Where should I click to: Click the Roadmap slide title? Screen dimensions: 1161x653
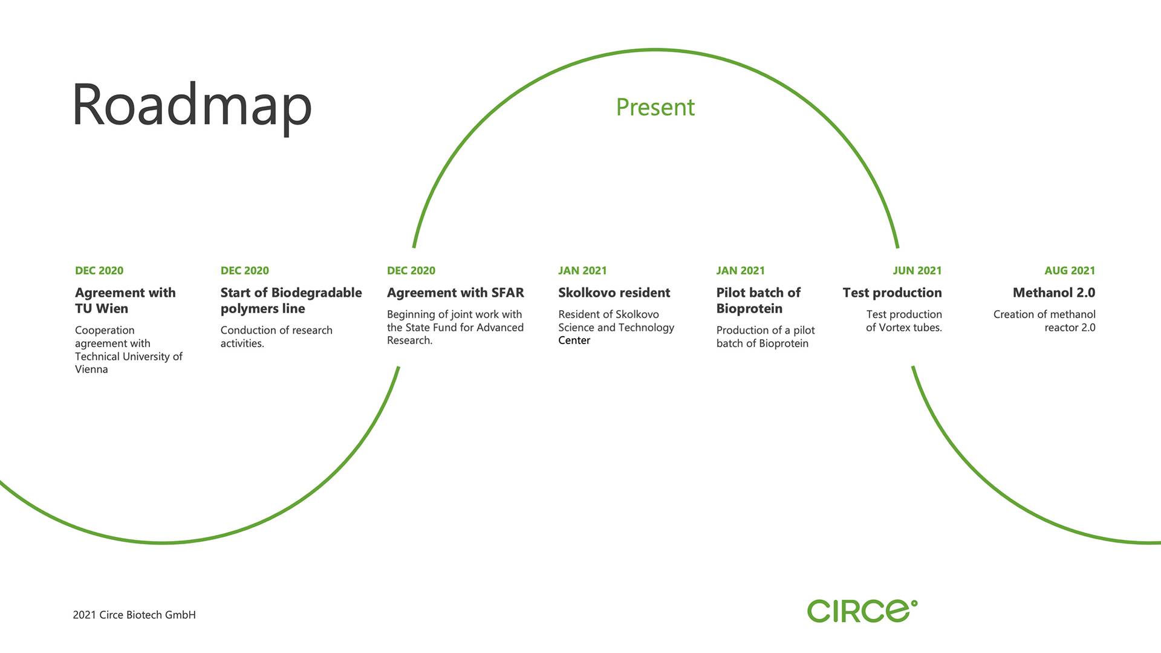192,106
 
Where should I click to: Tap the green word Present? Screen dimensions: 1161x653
655,108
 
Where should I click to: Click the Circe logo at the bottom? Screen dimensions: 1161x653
862,611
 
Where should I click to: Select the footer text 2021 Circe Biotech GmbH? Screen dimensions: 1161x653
134,615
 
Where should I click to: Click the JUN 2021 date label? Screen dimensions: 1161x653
917,271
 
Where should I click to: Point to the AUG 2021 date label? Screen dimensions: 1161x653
1070,271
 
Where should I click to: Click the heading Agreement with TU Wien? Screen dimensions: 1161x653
125,301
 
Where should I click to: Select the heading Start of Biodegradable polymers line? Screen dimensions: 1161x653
291,301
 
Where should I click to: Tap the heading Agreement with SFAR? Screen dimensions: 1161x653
455,293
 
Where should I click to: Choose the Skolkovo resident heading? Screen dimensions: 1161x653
614,293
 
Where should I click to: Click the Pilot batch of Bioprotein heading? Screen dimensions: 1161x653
758,301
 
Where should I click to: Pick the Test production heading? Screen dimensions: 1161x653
892,293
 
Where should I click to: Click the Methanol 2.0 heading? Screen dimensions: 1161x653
1054,293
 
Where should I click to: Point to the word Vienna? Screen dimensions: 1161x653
91,369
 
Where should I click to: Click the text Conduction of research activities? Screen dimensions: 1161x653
276,337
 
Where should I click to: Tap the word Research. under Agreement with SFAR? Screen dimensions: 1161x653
409,340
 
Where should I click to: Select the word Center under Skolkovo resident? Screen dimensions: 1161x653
574,340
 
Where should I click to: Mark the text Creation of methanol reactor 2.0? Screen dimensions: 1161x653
1044,321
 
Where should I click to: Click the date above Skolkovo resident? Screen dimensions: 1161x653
582,271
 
